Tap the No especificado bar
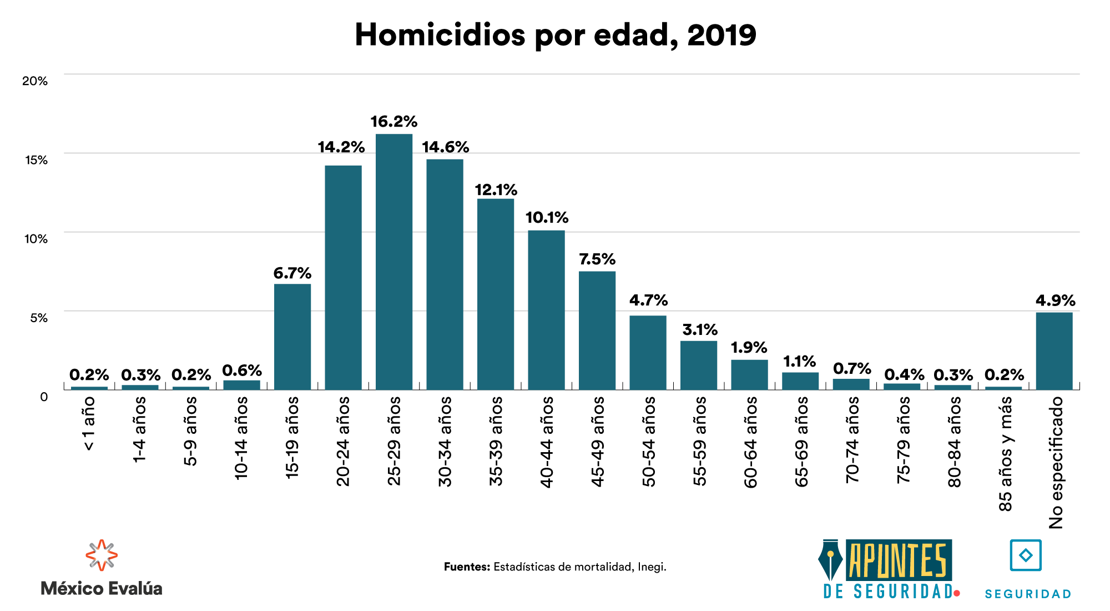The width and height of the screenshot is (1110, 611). [x=1054, y=351]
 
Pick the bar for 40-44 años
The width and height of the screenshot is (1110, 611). [x=546, y=310]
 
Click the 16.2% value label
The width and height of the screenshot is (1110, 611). [x=393, y=122]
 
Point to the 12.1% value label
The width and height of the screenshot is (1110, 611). [x=496, y=190]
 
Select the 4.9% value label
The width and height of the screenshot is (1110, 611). [x=1055, y=301]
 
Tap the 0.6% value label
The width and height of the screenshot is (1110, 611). [x=242, y=370]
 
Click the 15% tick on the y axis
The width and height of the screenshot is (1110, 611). [x=36, y=160]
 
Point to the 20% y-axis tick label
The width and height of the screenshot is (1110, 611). [x=35, y=81]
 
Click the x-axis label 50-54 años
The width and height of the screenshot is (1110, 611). [x=649, y=442]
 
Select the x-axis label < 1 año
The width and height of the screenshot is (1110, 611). [x=89, y=424]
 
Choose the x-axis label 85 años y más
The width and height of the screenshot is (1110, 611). [x=1005, y=454]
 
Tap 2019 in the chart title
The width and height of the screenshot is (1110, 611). [x=722, y=35]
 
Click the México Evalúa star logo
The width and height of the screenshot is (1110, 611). [x=101, y=555]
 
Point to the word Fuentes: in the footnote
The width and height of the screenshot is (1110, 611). [x=467, y=567]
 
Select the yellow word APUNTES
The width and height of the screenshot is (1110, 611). [x=898, y=560]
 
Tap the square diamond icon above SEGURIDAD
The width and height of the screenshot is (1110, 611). [x=1026, y=555]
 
